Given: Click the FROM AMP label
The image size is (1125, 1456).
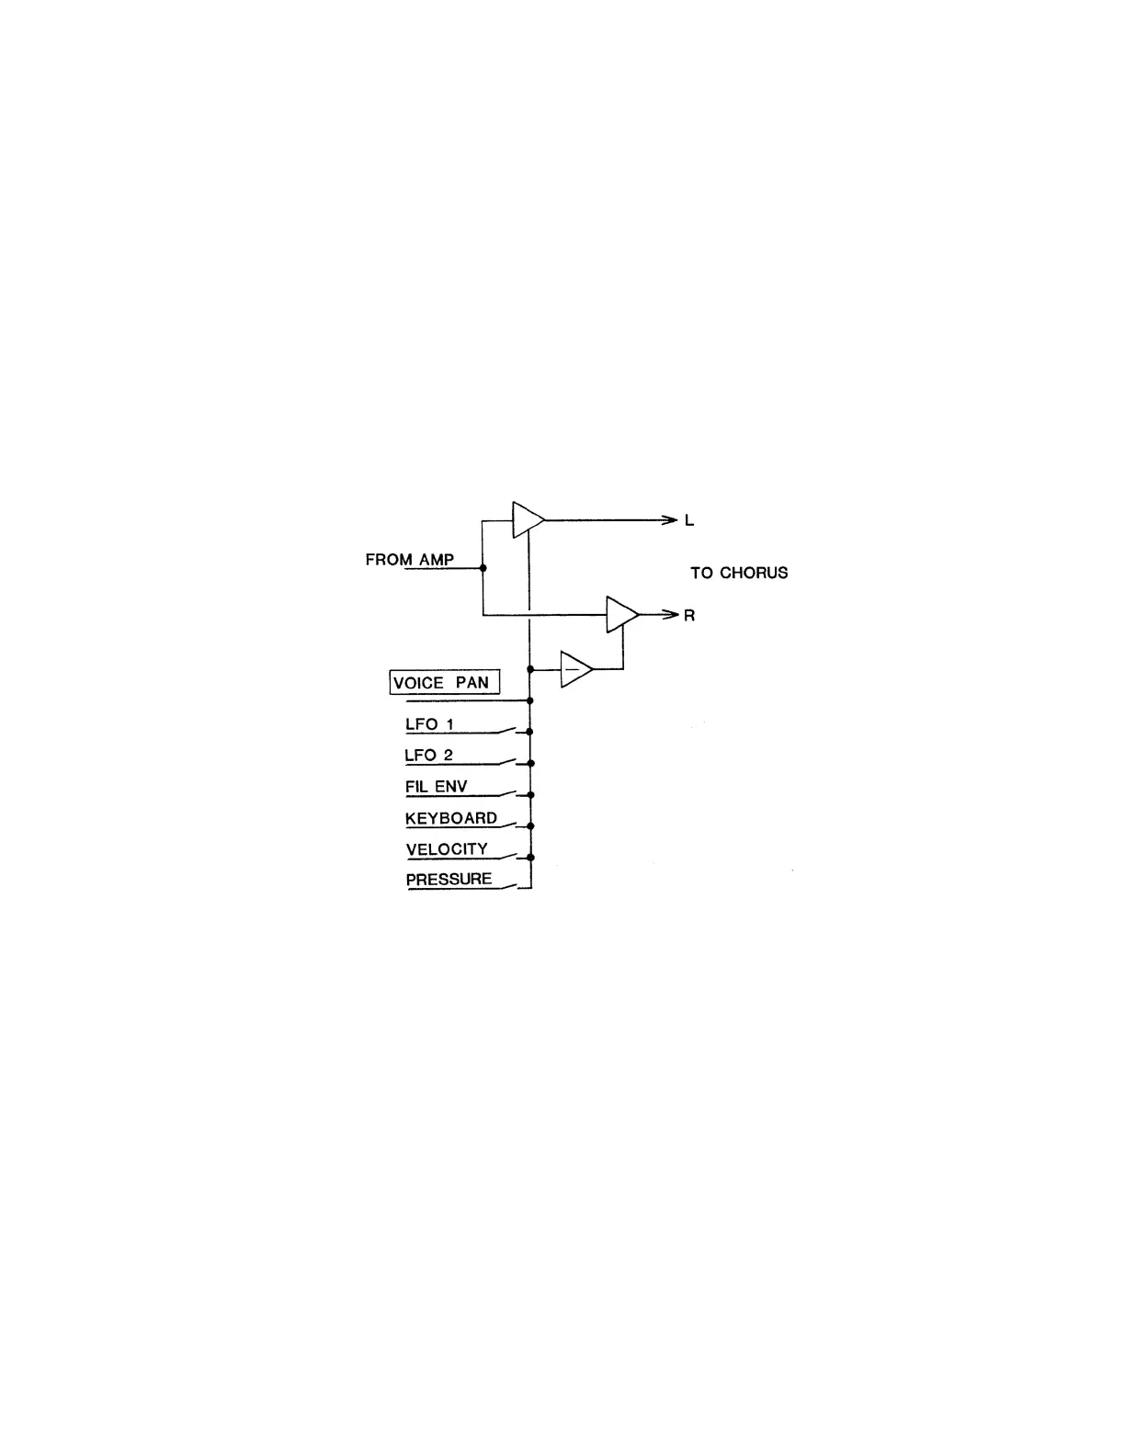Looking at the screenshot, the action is (410, 559).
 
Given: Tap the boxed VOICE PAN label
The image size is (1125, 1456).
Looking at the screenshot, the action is (445, 683).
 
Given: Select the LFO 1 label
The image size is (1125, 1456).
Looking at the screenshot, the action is (429, 724).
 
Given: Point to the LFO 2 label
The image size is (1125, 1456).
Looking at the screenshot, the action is (429, 756).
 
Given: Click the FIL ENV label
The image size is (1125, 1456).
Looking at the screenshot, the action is (437, 787).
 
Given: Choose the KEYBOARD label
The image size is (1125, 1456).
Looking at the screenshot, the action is (451, 818).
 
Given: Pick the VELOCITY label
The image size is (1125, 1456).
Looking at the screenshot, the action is (447, 849).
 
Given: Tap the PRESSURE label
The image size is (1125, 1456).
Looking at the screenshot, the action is (449, 880).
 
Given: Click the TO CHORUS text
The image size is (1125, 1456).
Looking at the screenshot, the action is (739, 573).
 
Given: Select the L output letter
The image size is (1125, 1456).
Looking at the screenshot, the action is (689, 521).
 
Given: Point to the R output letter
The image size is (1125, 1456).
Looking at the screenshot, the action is (689, 616).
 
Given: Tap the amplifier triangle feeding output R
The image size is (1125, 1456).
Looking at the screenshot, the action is (621, 614).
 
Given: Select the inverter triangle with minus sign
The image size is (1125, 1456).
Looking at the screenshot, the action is (575, 669).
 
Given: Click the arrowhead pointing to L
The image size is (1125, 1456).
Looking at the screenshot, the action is (670, 520).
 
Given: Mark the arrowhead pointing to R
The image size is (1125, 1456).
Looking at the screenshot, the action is (670, 614).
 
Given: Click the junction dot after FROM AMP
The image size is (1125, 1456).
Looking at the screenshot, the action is (483, 568).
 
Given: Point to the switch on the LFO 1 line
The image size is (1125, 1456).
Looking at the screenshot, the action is (509, 731).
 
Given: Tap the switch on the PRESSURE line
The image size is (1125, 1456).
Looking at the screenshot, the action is (509, 886).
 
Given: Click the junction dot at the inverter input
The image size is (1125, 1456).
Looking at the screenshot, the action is (530, 669).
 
